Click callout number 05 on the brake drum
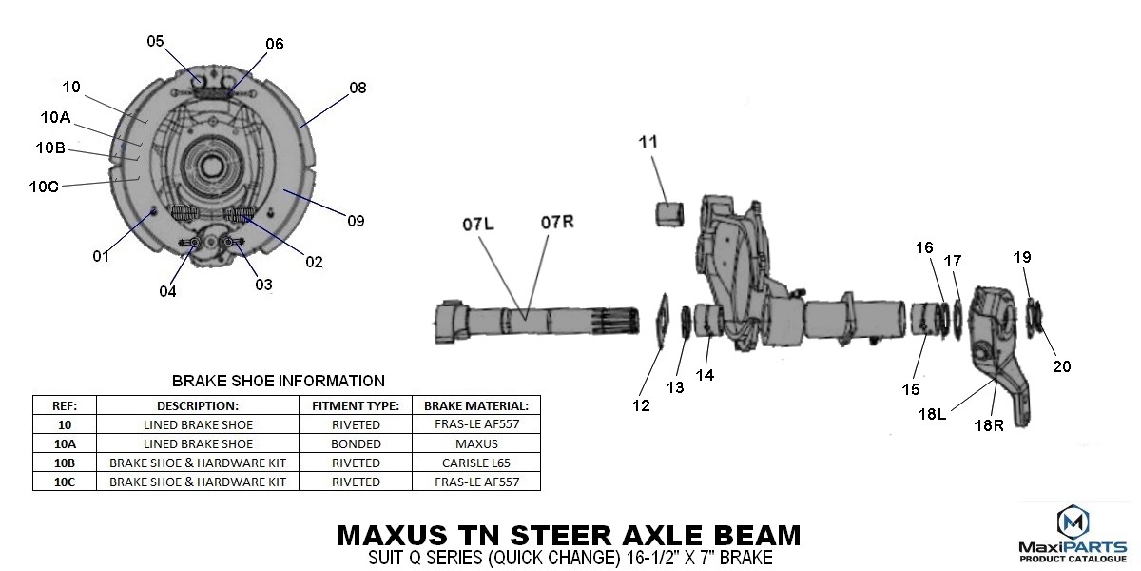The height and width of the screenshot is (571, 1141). (x=155, y=41)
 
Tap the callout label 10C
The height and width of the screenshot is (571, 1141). (x=44, y=187)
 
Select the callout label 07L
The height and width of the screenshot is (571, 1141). (x=477, y=225)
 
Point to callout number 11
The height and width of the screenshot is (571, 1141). (x=648, y=142)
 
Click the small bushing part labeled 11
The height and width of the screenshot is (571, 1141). (x=669, y=214)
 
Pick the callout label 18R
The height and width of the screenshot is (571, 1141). (x=989, y=425)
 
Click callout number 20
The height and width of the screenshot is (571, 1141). (x=1061, y=366)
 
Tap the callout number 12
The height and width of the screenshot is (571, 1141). (x=641, y=405)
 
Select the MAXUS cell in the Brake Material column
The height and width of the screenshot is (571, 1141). (x=476, y=443)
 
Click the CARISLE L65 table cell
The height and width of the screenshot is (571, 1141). (x=476, y=463)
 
